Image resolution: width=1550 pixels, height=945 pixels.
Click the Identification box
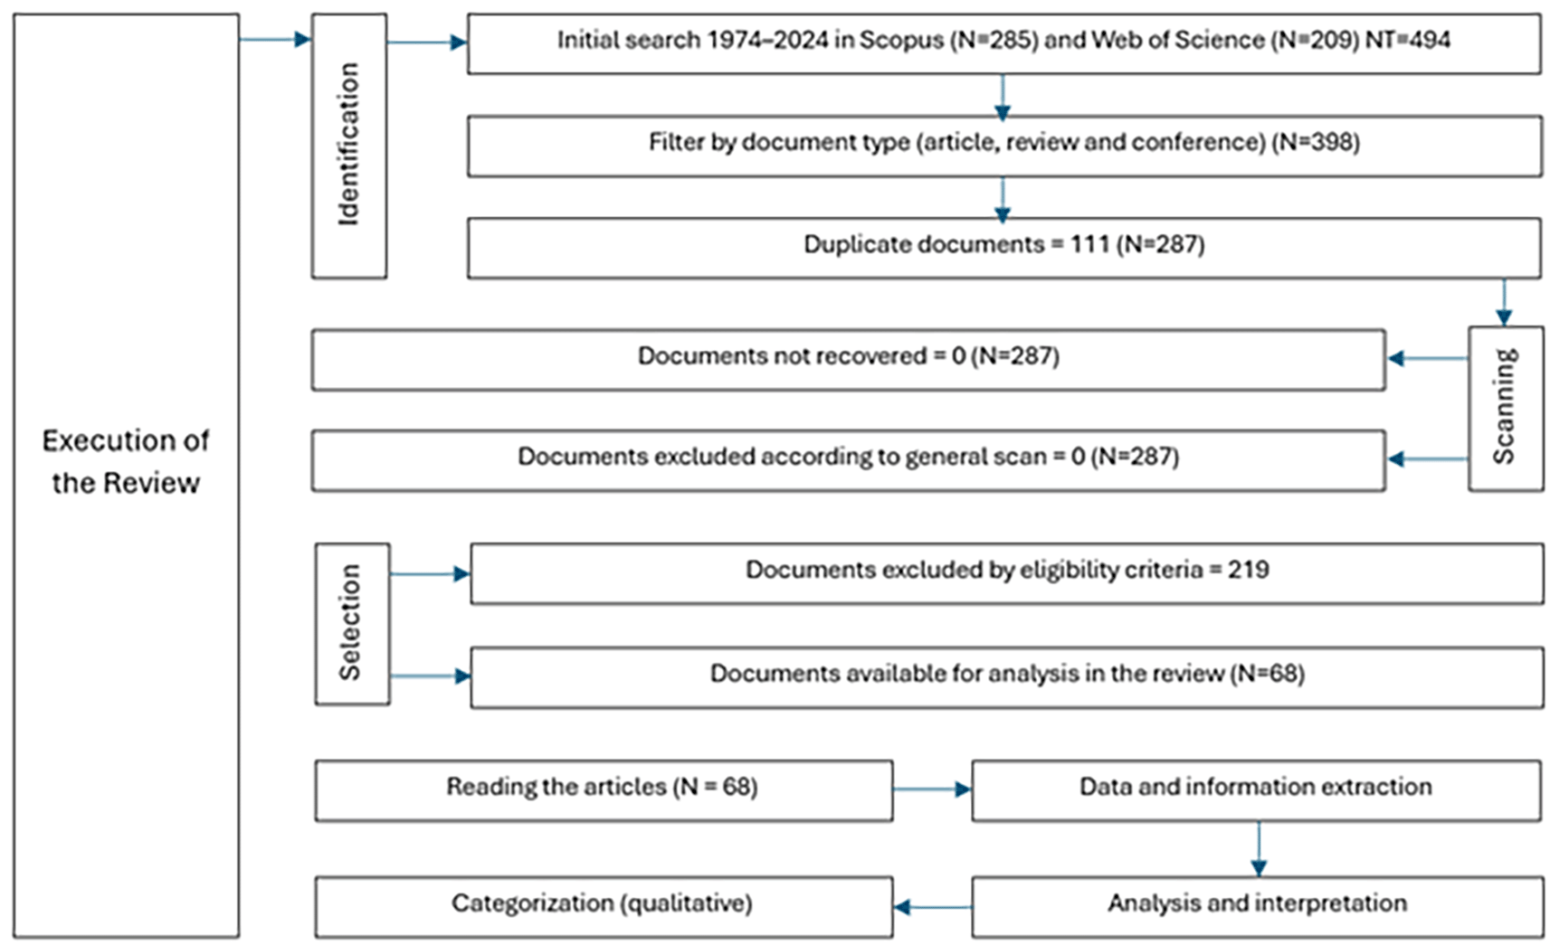click(x=348, y=146)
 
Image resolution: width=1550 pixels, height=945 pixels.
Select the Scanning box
click(x=1506, y=408)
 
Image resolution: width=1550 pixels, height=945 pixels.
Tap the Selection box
click(x=352, y=624)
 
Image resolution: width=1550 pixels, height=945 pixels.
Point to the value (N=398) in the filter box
click(x=1316, y=143)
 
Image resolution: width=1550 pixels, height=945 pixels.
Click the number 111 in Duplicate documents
click(x=1089, y=244)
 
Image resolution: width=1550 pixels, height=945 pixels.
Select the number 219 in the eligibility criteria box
click(x=1249, y=570)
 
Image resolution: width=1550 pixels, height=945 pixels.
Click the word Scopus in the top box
click(x=901, y=40)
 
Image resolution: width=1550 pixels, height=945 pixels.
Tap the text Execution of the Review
click(x=126, y=461)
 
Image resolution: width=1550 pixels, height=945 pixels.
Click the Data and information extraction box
click(x=1257, y=790)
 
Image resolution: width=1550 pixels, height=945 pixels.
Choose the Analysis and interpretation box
click(x=1257, y=907)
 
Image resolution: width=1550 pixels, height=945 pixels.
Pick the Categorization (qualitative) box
click(x=604, y=907)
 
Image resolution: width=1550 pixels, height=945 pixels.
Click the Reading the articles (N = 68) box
click(x=604, y=790)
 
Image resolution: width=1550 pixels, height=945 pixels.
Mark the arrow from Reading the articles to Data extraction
click(x=932, y=789)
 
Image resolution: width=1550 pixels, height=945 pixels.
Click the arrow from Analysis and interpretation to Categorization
click(x=932, y=907)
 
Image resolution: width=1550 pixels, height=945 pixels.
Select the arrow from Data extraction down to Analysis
click(x=1259, y=849)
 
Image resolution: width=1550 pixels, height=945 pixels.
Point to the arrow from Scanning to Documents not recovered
click(x=1428, y=358)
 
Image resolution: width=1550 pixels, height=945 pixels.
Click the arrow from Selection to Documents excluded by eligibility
click(x=430, y=574)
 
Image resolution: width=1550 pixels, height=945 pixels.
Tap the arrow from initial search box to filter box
click(x=1002, y=97)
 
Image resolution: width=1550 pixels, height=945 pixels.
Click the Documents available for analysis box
click(x=1007, y=677)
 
